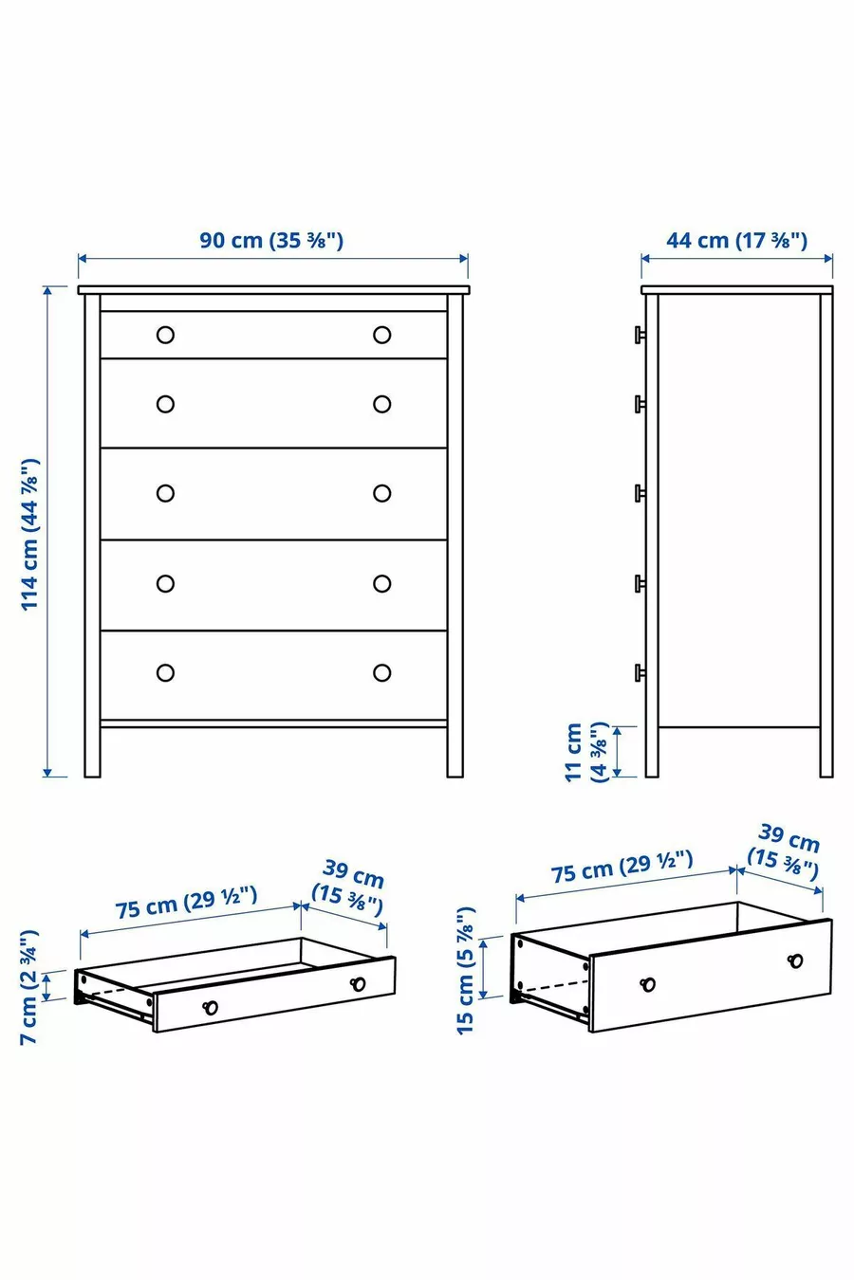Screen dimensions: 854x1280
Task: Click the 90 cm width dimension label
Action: point(271,241)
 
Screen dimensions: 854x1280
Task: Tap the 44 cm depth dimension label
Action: point(736,241)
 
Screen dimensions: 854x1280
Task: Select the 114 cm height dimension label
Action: point(29,534)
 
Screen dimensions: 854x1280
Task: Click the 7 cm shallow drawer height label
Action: point(28,987)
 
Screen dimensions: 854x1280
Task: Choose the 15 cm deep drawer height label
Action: point(466,970)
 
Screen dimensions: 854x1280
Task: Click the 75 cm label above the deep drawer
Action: point(622,867)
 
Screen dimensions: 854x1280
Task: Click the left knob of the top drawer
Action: point(165,335)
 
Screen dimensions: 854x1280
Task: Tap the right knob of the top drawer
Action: point(382,335)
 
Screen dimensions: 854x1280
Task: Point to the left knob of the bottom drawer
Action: point(165,672)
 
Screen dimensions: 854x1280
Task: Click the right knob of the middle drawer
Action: point(382,493)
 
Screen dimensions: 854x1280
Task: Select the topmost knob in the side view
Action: point(640,335)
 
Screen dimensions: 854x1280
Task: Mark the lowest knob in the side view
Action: point(640,672)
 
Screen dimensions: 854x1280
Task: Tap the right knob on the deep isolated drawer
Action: point(795,960)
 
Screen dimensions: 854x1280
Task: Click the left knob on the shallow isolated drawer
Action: point(211,1007)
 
